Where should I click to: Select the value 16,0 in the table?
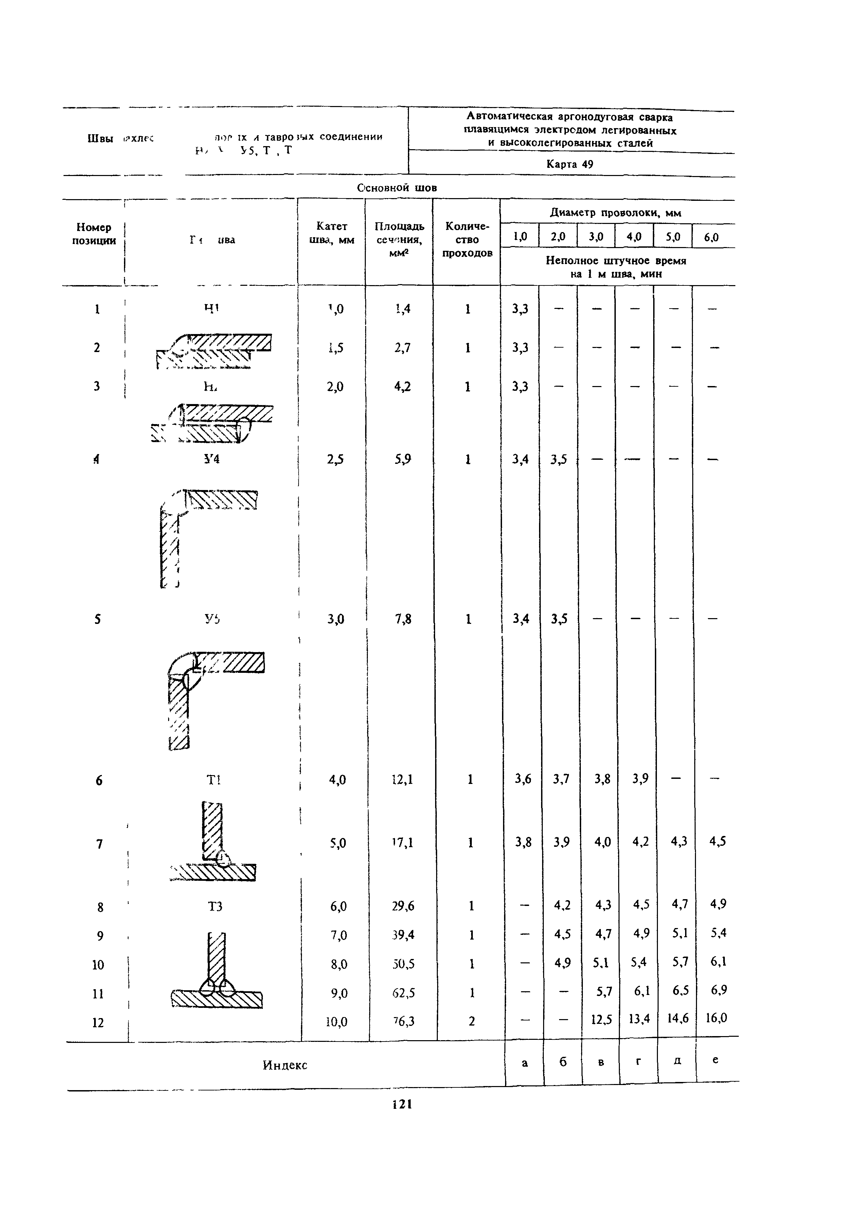click(x=716, y=1018)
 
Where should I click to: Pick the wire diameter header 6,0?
click(x=712, y=238)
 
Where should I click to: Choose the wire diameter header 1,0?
click(x=520, y=237)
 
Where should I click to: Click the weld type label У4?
click(x=212, y=459)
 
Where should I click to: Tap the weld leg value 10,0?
click(x=336, y=1022)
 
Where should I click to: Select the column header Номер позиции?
click(x=94, y=234)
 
